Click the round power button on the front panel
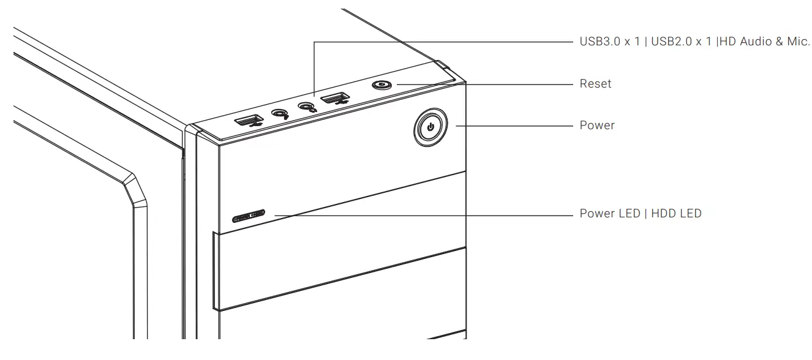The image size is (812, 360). coord(431,128)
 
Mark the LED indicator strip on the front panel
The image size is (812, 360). coord(248,216)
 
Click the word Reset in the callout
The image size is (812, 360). coord(595,83)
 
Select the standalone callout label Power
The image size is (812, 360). coord(597,126)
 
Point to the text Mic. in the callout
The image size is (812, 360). coord(798,42)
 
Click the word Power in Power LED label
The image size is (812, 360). coord(597,214)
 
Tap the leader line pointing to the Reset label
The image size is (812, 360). coord(484,83)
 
